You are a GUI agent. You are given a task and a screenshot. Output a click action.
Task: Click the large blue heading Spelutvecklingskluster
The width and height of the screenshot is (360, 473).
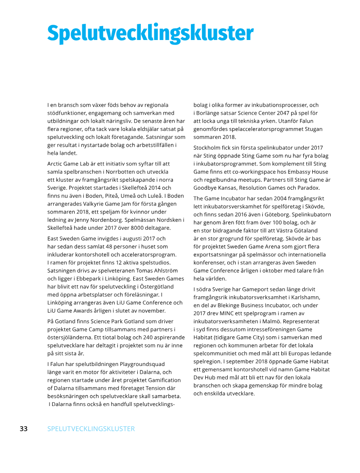coord(150,33)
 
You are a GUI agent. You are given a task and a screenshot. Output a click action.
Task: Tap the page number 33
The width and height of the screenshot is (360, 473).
coord(23,428)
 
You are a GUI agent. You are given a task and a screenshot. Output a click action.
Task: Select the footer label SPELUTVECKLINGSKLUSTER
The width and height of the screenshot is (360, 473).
coord(91,428)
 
